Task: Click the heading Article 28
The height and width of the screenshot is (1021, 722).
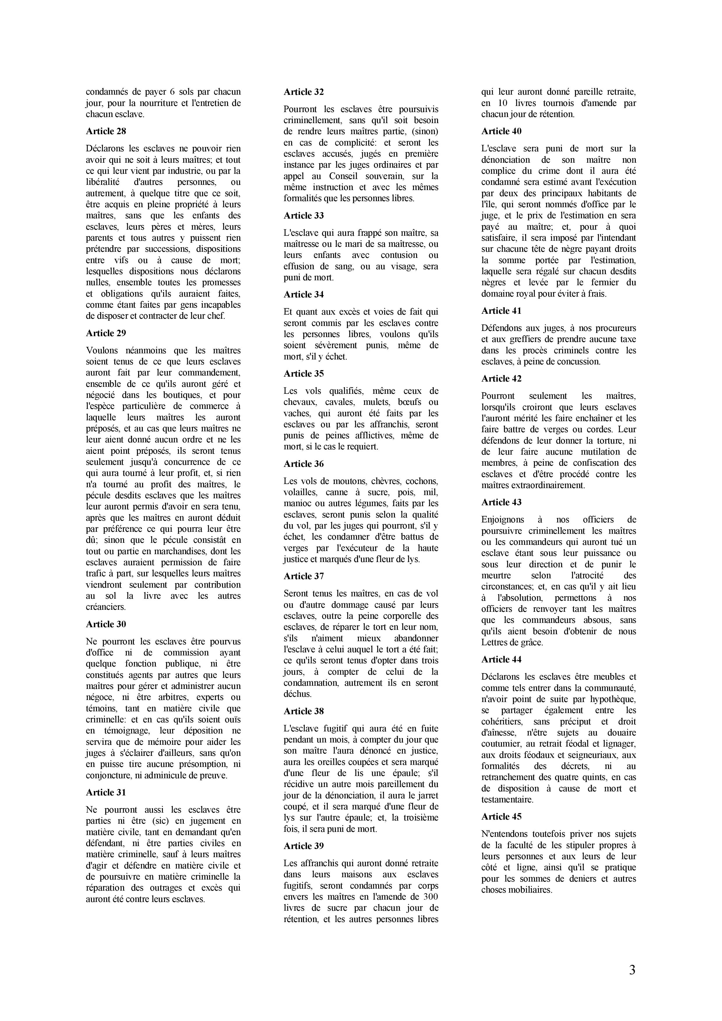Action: click(106, 131)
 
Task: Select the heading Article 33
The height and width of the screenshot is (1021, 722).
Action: click(304, 216)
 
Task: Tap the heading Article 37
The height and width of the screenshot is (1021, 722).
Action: click(304, 576)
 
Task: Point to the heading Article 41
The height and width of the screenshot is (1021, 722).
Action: click(501, 311)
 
